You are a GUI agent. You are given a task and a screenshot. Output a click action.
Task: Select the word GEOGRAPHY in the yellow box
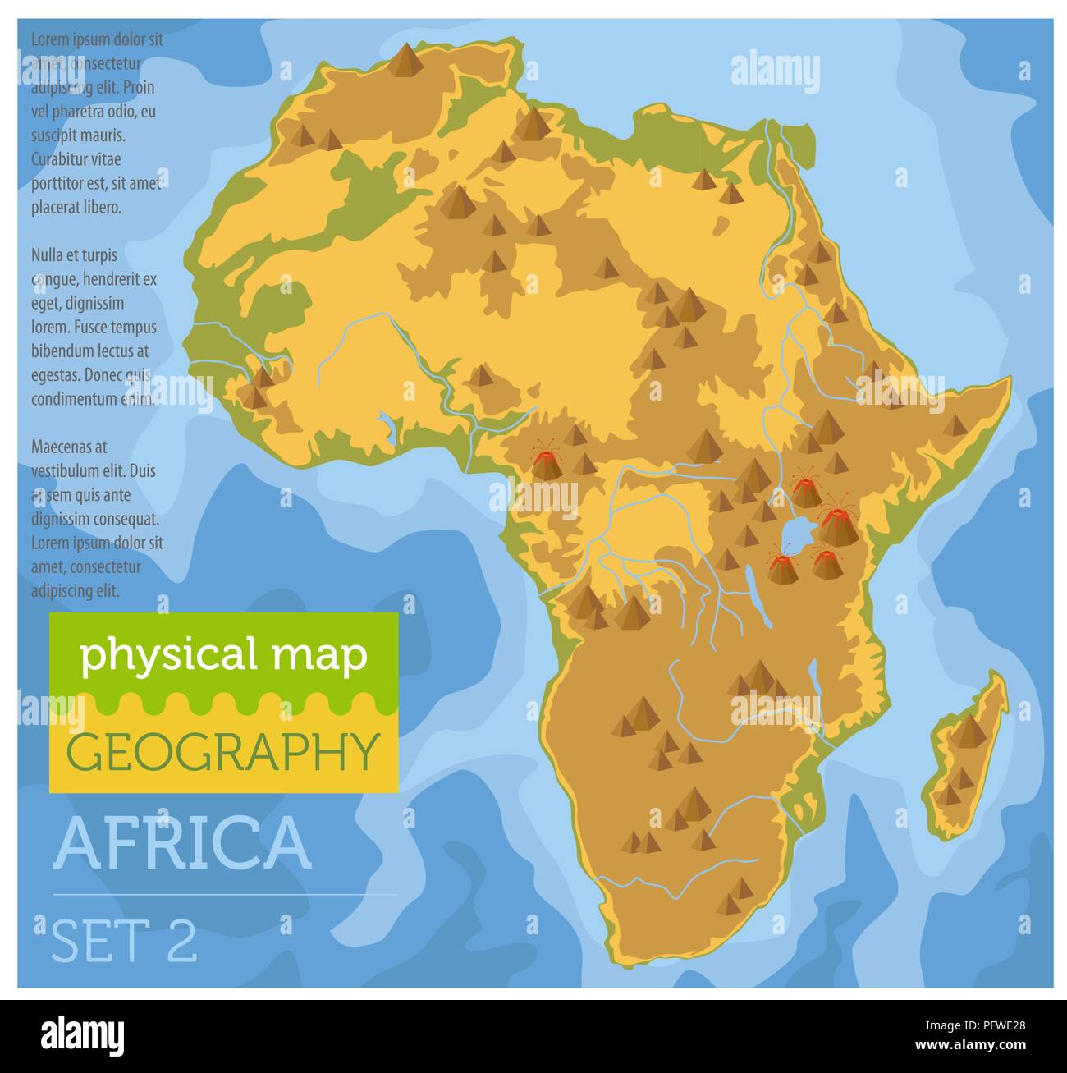(223, 750)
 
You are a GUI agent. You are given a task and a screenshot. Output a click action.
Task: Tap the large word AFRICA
(182, 843)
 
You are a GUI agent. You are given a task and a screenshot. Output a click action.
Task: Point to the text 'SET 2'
(125, 940)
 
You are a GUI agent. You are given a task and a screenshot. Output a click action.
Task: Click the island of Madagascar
(967, 755)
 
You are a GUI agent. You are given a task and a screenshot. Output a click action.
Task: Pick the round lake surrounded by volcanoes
(795, 534)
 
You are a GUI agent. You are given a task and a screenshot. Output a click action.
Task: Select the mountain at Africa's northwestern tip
(404, 61)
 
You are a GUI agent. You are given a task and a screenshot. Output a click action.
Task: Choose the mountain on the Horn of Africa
(955, 425)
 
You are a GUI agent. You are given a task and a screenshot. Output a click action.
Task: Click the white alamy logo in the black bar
(83, 1036)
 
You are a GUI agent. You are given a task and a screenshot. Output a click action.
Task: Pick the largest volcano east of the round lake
(836, 523)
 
